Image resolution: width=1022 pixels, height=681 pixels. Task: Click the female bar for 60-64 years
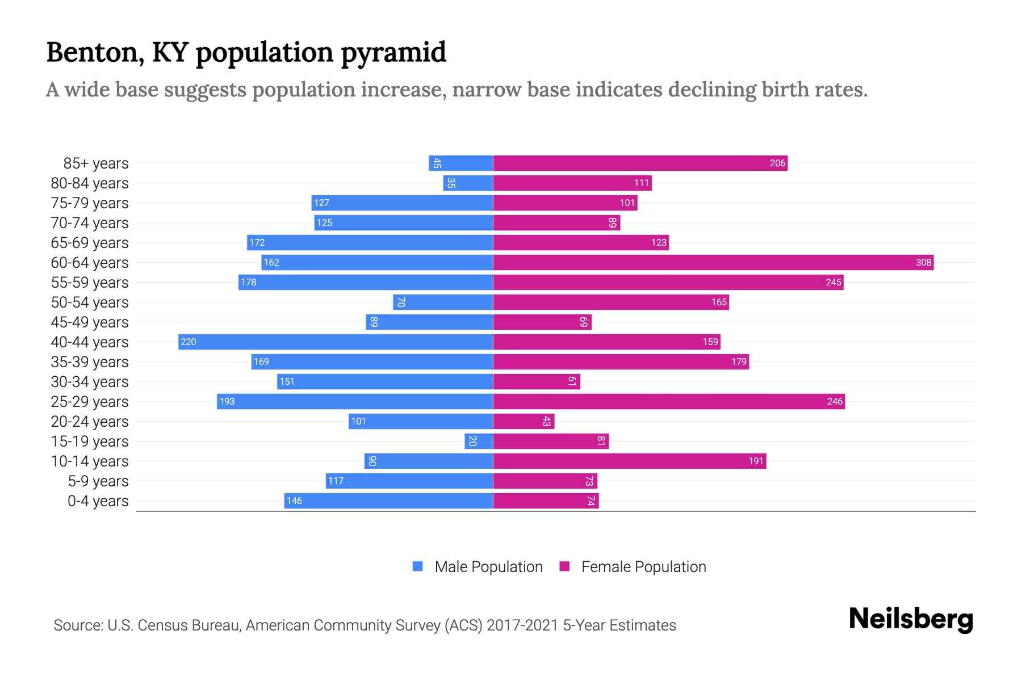tap(713, 263)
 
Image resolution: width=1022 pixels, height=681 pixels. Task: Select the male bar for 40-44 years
tap(335, 342)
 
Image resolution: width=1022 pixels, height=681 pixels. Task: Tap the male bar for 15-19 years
tap(479, 442)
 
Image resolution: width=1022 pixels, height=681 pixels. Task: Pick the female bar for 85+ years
tap(640, 163)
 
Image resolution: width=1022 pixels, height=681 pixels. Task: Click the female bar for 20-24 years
tap(523, 422)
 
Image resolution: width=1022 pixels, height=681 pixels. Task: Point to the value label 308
tap(923, 263)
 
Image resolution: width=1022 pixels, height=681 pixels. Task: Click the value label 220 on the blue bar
tap(189, 342)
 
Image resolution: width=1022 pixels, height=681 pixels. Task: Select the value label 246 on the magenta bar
tap(835, 402)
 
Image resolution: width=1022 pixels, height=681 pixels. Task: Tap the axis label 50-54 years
tap(90, 302)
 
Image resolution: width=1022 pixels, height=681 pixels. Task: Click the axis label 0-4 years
tap(98, 501)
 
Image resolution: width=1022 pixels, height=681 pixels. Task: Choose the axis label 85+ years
tap(96, 163)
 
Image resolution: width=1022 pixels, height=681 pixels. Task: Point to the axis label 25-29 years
tap(90, 402)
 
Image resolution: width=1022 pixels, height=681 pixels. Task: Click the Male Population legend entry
tap(488, 567)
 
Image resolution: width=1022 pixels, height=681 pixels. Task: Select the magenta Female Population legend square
tap(564, 566)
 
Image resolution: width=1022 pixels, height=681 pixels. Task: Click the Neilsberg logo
tap(911, 619)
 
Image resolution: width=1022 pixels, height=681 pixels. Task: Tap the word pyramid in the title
tap(393, 52)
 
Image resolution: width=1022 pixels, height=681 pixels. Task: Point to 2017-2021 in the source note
tap(522, 625)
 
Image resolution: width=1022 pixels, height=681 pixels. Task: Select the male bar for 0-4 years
tap(388, 501)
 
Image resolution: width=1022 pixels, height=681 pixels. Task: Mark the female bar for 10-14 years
tap(629, 461)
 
